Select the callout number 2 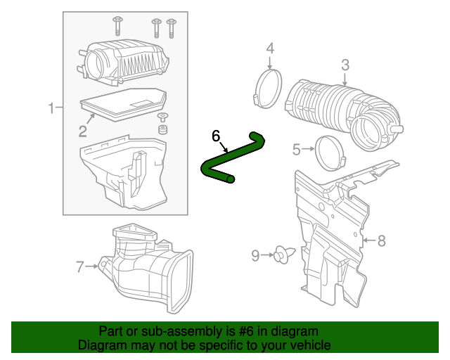[82, 131]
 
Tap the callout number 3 [345, 65]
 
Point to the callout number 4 [270, 49]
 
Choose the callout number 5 [297, 149]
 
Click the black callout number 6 [216, 135]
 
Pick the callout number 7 [80, 266]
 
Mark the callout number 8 [382, 241]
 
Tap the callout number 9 [255, 256]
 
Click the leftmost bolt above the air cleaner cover [117, 26]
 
